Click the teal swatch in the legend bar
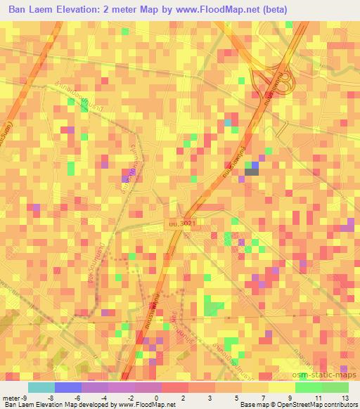[x=41, y=387]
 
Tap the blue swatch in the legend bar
[x=67, y=387]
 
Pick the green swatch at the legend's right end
[x=335, y=387]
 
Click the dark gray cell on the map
[x=251, y=167]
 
